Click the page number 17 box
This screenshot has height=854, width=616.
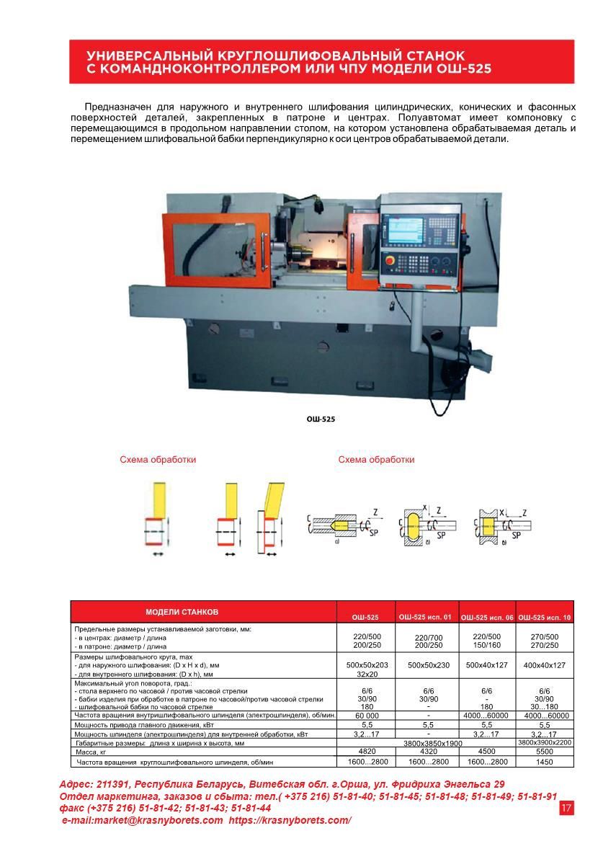tap(566, 808)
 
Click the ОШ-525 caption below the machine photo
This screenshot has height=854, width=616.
tap(321, 419)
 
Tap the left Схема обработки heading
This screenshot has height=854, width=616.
tap(158, 459)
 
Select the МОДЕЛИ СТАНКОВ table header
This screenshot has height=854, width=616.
tap(182, 612)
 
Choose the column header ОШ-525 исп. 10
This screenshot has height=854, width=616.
tap(545, 618)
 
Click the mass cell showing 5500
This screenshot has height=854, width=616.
tap(545, 751)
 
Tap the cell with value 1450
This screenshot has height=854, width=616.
tap(545, 762)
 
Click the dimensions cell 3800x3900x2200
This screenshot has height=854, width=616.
tap(545, 742)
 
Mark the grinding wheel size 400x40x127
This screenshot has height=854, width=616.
tap(545, 665)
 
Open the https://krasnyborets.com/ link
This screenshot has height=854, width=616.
tap(290, 821)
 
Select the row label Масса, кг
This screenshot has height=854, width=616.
tap(91, 752)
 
